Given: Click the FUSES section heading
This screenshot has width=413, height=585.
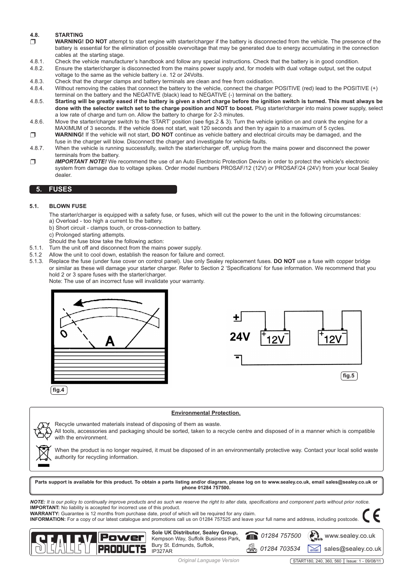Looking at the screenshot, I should tap(60, 189).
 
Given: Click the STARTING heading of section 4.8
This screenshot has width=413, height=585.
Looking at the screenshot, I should tap(69, 35).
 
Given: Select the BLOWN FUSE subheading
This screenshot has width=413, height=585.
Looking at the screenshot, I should tap(68, 206).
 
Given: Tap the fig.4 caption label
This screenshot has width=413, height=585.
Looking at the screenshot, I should tap(58, 390).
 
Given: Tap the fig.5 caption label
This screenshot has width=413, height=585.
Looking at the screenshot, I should tap(348, 376).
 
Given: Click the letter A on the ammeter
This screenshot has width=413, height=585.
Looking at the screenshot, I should tap(110, 341).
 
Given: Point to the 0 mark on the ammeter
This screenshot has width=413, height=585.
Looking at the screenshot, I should tap(64, 334).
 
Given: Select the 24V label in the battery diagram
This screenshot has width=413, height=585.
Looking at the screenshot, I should tap(240, 337).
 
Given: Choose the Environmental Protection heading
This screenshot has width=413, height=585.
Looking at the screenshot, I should tap(206, 413).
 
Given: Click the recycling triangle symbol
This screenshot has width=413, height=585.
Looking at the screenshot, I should tap(43, 431).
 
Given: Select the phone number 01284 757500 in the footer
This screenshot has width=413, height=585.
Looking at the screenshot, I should tap(280, 536).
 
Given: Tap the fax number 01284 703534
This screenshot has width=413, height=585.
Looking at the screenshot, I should tap(280, 549).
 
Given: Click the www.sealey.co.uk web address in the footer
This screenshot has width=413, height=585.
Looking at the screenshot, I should tap(350, 536).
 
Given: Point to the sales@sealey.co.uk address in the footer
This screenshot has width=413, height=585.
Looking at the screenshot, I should tap(352, 549).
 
